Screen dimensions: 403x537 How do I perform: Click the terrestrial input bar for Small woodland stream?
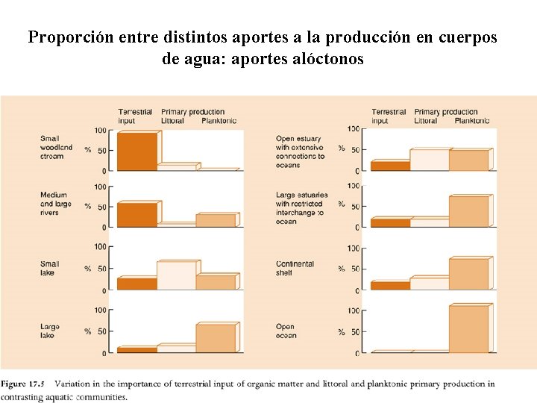pyautogui.click(x=137, y=151)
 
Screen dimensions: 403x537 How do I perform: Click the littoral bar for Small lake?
pyautogui.click(x=177, y=275)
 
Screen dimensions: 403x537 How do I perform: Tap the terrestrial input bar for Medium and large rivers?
pyautogui.click(x=137, y=214)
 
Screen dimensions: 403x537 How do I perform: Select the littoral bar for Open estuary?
pyautogui.click(x=429, y=160)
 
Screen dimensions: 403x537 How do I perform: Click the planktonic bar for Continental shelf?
pyautogui.click(x=468, y=274)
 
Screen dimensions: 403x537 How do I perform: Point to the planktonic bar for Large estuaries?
pyautogui.click(x=468, y=211)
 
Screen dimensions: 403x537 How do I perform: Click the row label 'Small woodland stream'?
pyautogui.click(x=56, y=147)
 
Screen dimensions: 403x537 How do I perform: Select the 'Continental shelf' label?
pyautogui.click(x=295, y=268)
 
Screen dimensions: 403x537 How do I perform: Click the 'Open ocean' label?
pyautogui.click(x=286, y=331)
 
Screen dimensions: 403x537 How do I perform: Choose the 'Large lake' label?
pyautogui.click(x=49, y=331)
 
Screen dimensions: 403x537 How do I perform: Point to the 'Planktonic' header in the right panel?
pyautogui.click(x=471, y=121)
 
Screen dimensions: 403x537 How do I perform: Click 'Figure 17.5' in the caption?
pyautogui.click(x=23, y=384)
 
